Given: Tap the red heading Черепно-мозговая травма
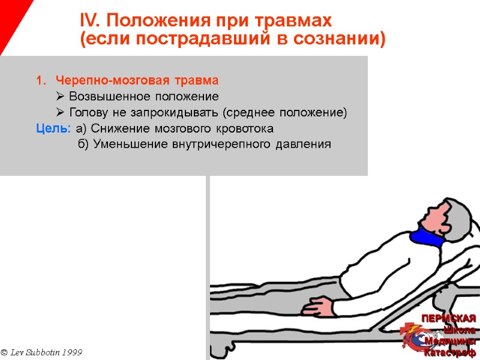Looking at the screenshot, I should pyautogui.click(x=137, y=80).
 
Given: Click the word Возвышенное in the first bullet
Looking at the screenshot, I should pyautogui.click(x=107, y=97).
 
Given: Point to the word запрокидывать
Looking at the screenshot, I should pyautogui.click(x=179, y=113).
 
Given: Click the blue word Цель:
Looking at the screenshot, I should pyautogui.click(x=53, y=128).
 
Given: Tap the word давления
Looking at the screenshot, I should pyautogui.click(x=304, y=145).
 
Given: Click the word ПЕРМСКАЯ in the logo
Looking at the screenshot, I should pyautogui.click(x=448, y=318).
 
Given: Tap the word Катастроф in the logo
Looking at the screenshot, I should pyautogui.click(x=450, y=352).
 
